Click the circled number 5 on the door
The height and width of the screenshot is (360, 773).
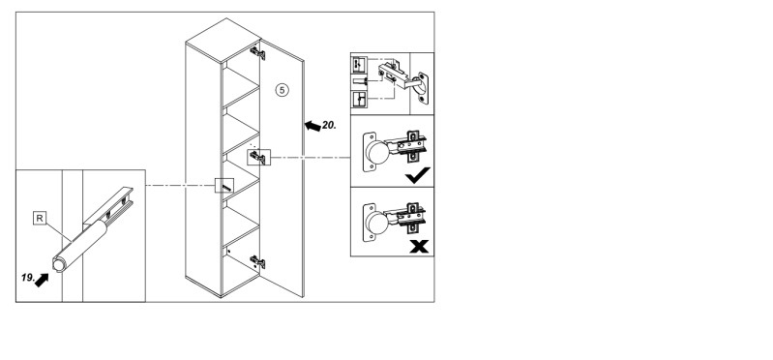point(282,90)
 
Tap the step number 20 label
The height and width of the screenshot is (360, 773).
point(329,126)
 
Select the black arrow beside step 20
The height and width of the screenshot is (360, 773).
point(312,126)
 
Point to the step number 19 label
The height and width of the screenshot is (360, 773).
point(28,278)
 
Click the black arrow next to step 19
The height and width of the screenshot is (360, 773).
point(42,280)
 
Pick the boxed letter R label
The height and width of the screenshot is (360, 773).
point(40,218)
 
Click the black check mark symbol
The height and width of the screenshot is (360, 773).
point(418,175)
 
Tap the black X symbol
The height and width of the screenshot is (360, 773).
point(419,246)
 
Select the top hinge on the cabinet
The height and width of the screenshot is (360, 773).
point(257,53)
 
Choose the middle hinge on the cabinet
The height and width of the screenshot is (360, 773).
point(258,158)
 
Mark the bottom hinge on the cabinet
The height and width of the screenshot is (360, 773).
point(257,261)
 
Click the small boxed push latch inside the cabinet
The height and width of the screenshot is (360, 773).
point(224,186)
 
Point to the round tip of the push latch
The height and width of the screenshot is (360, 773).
point(59,265)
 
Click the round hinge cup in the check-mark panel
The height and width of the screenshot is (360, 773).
point(377,152)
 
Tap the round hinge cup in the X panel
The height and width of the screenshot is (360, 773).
point(377,223)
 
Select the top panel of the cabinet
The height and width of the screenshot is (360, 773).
point(223,41)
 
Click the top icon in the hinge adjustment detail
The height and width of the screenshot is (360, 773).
point(359,65)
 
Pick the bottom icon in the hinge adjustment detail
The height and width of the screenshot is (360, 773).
point(359,99)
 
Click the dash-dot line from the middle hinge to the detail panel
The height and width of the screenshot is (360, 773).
point(311,158)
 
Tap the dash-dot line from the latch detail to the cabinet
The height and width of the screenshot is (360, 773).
point(181,186)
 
